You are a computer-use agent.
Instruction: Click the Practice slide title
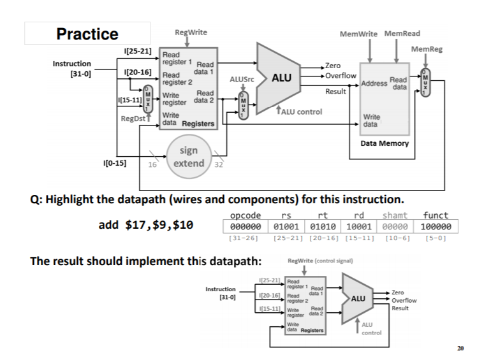(x=87, y=34)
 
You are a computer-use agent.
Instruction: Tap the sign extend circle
(x=189, y=157)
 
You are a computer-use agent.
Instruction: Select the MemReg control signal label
(x=427, y=49)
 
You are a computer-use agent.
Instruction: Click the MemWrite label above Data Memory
(x=358, y=34)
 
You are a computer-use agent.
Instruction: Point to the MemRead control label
(x=402, y=34)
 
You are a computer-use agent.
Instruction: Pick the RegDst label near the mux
(x=133, y=119)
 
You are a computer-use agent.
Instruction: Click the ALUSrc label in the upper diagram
(x=242, y=79)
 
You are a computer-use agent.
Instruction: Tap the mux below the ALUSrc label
(x=244, y=106)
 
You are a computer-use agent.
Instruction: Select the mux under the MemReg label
(x=425, y=83)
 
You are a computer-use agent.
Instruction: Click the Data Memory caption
(x=385, y=143)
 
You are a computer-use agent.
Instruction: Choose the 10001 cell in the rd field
(x=359, y=226)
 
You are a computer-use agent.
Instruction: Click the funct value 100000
(x=436, y=226)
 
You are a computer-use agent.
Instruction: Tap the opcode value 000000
(x=246, y=226)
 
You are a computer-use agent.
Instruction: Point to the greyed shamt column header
(x=395, y=215)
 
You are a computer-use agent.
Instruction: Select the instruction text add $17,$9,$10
(x=145, y=224)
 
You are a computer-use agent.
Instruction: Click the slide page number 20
(x=460, y=348)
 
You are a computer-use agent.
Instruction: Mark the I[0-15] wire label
(x=115, y=163)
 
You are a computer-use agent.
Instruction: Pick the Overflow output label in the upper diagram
(x=341, y=76)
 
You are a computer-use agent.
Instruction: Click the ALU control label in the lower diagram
(x=371, y=329)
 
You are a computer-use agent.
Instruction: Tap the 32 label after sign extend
(x=219, y=164)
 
